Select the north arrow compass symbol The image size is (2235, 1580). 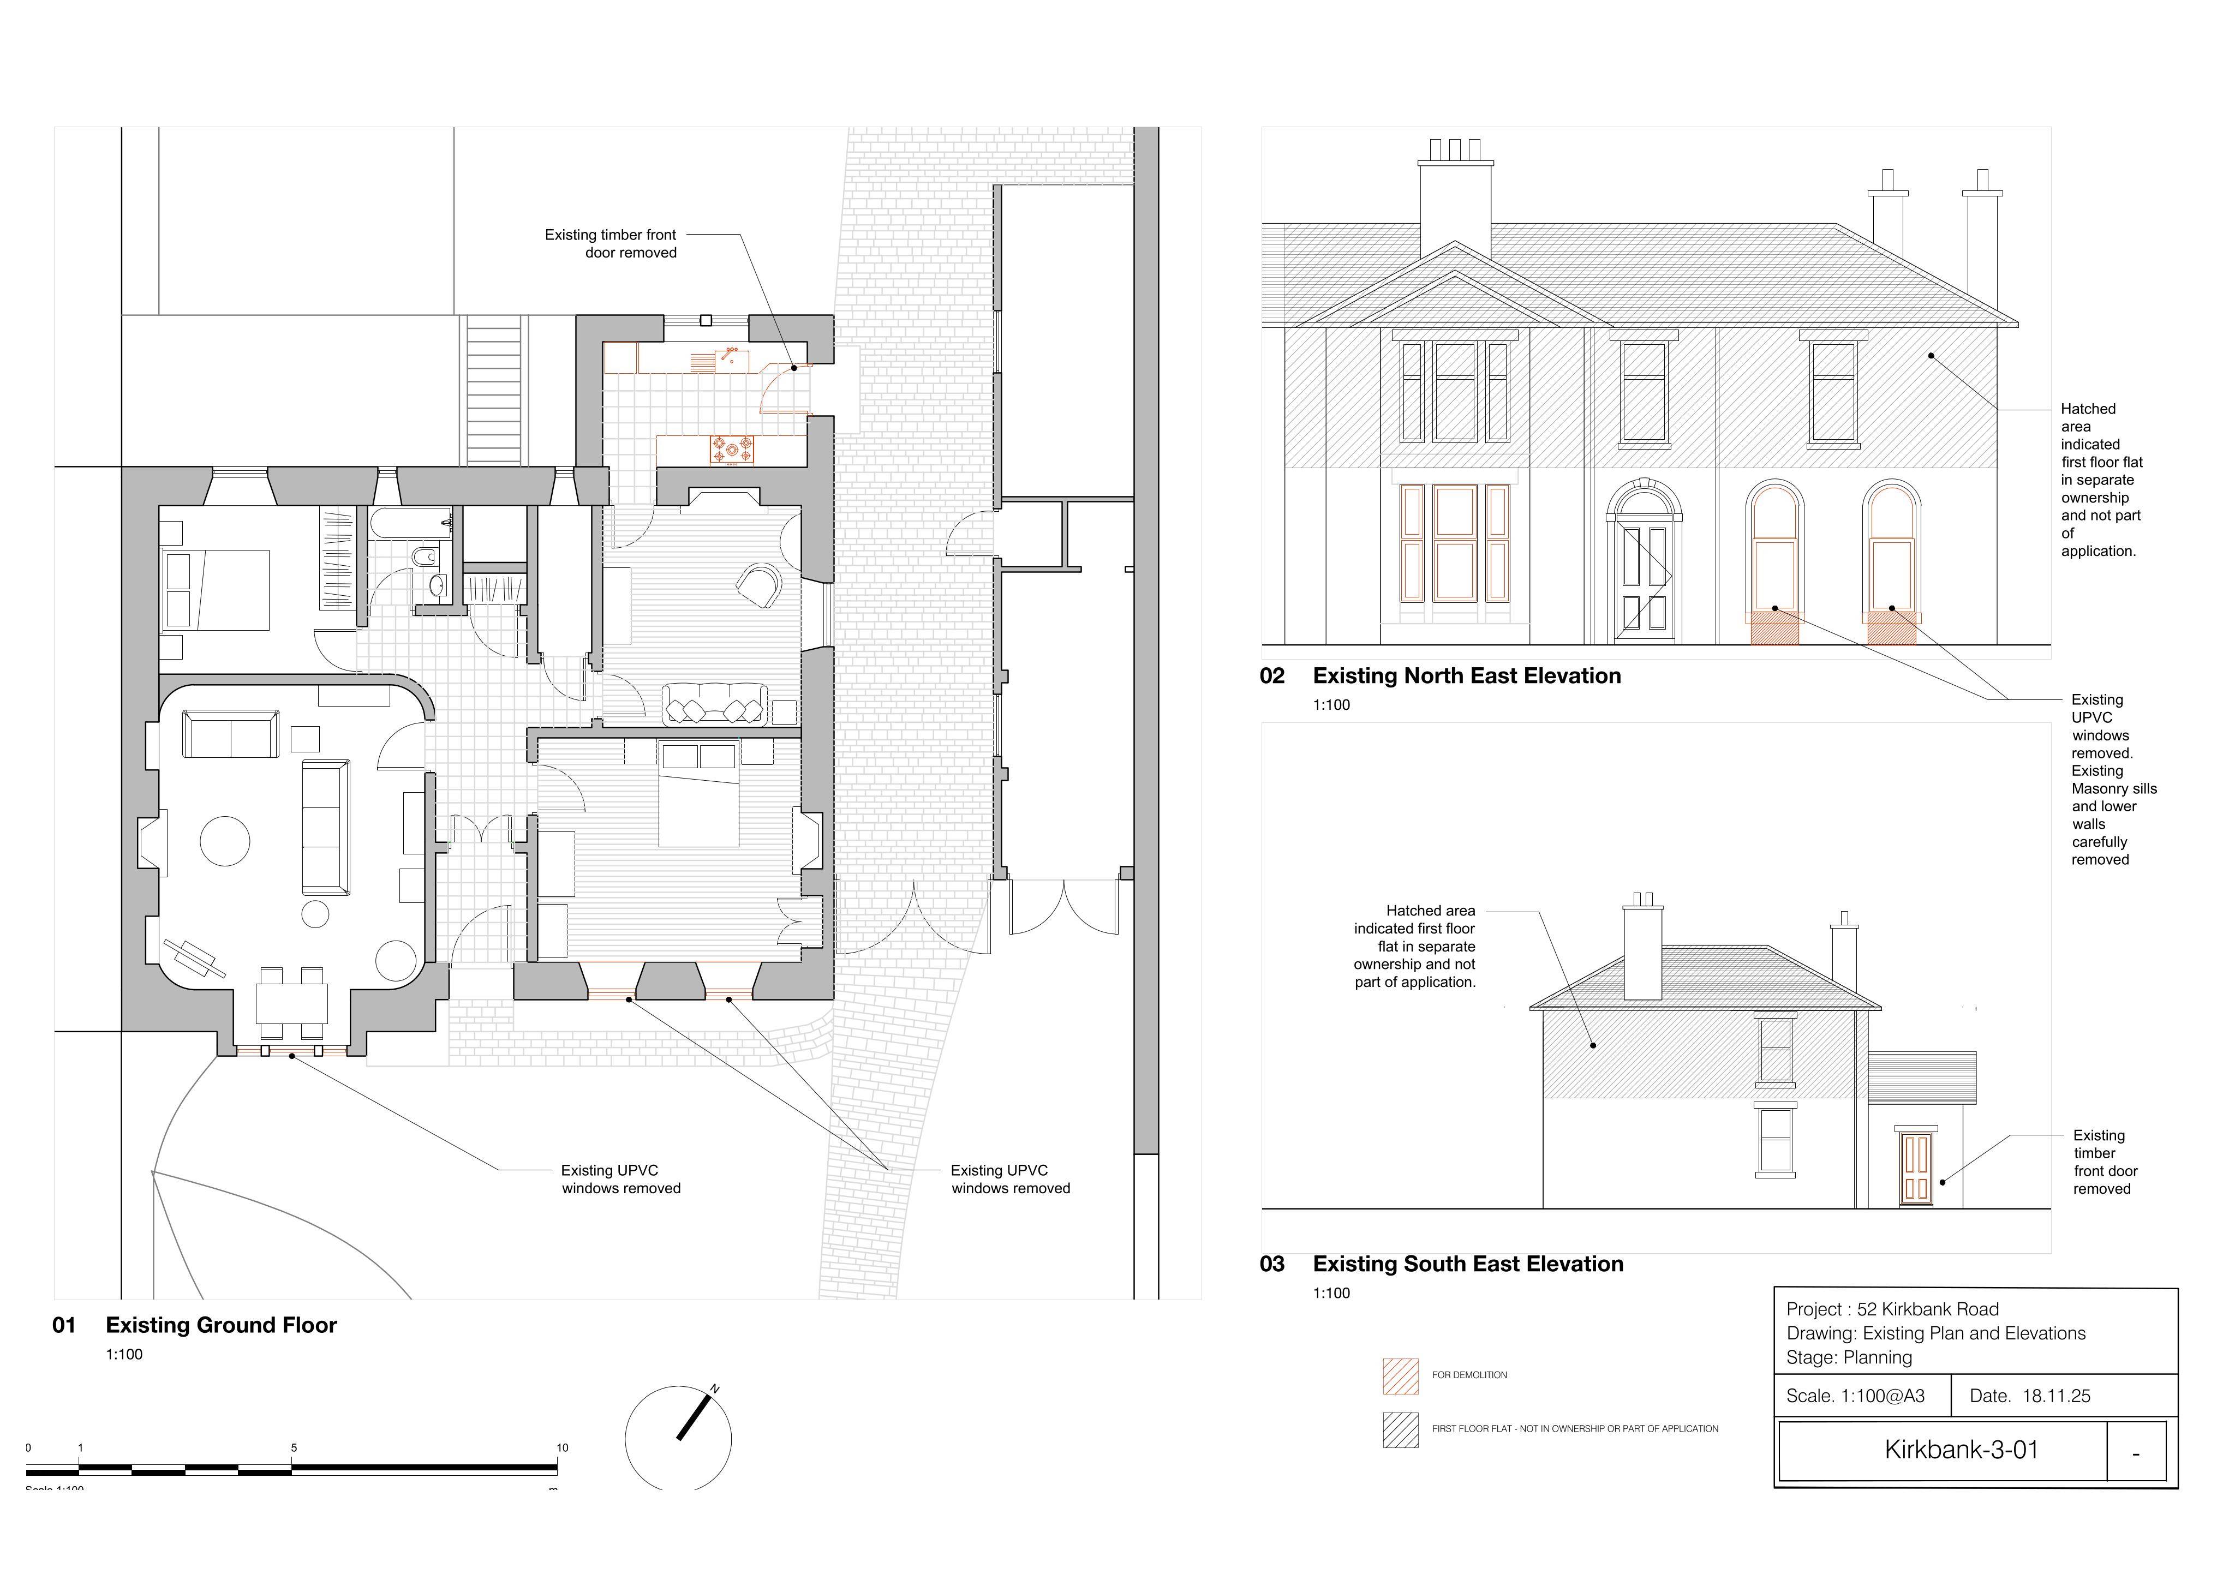point(678,1437)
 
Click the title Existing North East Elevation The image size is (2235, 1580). point(1467,675)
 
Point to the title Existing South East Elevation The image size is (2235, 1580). point(1468,1264)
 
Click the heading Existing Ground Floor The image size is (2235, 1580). point(221,1325)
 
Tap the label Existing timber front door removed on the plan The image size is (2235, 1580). point(611,243)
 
